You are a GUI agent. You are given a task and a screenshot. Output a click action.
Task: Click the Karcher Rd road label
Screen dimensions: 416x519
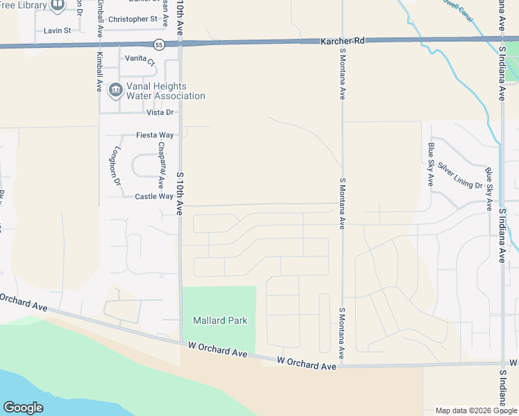click(342, 42)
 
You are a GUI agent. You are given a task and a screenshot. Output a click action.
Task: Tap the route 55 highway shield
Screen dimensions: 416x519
click(160, 44)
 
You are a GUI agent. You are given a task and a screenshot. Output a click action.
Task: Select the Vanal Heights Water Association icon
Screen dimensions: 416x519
click(115, 89)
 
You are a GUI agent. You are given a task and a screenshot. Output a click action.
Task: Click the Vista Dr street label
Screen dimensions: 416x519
click(160, 112)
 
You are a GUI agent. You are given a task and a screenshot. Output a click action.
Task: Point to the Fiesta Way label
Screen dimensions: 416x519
click(154, 135)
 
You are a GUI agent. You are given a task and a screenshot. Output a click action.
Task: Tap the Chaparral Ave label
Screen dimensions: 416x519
click(161, 166)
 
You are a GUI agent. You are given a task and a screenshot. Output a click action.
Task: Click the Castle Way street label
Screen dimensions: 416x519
click(154, 196)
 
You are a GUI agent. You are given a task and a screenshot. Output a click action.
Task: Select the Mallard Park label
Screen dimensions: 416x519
click(219, 320)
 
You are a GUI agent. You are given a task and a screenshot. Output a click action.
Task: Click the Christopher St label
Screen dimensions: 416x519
click(133, 19)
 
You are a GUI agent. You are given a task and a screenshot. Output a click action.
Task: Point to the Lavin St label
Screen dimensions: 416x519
click(58, 31)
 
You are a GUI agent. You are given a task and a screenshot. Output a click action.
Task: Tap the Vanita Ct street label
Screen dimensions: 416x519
click(139, 59)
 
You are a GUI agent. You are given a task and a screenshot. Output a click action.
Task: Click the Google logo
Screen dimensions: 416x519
click(23, 407)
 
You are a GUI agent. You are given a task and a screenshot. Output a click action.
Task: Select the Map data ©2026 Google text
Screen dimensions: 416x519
click(476, 410)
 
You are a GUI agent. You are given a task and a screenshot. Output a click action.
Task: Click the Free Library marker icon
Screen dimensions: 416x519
click(58, 6)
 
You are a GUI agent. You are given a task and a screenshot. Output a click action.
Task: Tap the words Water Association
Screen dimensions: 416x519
click(166, 96)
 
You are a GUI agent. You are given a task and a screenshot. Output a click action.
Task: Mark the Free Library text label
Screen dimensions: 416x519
click(23, 6)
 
